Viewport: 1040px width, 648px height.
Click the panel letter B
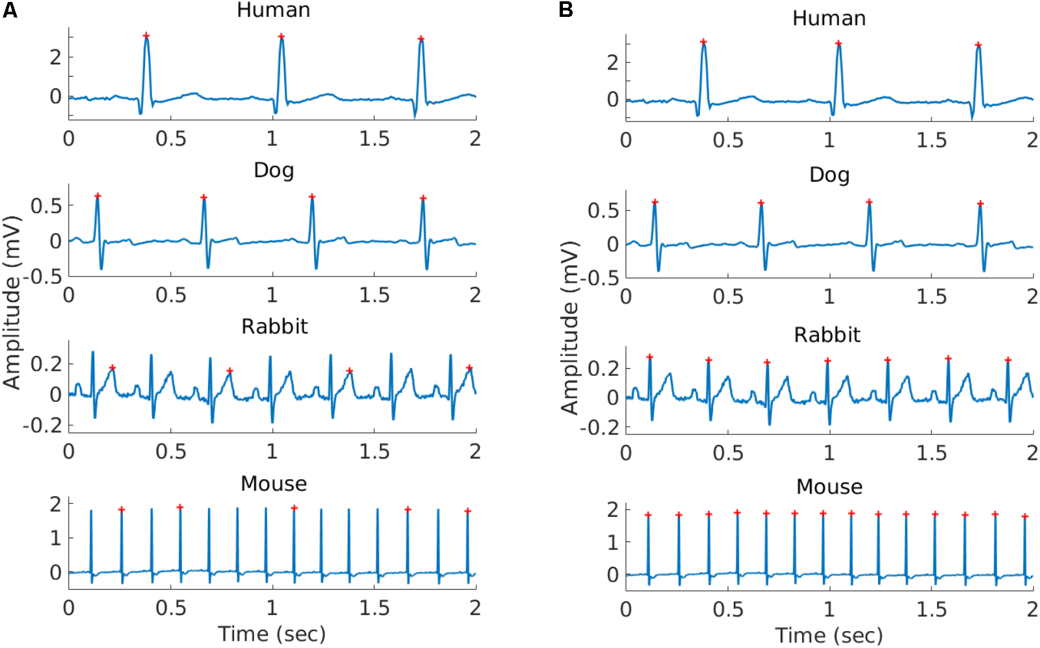pyautogui.click(x=566, y=10)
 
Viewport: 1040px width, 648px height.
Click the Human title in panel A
pyautogui.click(x=273, y=10)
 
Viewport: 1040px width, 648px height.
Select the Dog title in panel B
pyautogui.click(x=829, y=175)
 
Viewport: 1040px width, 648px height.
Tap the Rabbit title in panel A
pyautogui.click(x=274, y=326)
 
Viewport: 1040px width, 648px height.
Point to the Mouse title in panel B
pyautogui.click(x=829, y=486)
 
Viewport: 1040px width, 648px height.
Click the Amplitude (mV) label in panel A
pyautogui.click(x=12, y=303)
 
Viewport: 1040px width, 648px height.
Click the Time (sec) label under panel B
pyautogui.click(x=829, y=635)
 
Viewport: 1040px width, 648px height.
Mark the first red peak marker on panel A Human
pyautogui.click(x=146, y=36)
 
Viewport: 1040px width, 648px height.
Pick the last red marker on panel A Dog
pyautogui.click(x=423, y=198)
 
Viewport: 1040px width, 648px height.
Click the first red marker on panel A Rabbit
pyautogui.click(x=112, y=368)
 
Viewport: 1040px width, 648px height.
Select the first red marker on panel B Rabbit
pyautogui.click(x=649, y=357)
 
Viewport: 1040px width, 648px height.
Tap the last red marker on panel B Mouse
pyautogui.click(x=1025, y=517)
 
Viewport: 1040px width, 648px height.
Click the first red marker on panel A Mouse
pyautogui.click(x=122, y=509)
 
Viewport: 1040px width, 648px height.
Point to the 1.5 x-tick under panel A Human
pyautogui.click(x=374, y=138)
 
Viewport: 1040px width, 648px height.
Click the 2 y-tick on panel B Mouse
pyautogui.click(x=612, y=510)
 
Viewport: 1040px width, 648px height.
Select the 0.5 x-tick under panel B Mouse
pyautogui.click(x=727, y=609)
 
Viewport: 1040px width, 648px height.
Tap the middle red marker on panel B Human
pyautogui.click(x=838, y=44)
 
